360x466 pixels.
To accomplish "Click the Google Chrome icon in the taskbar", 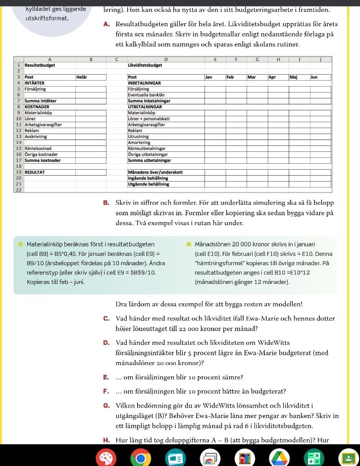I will coord(140,458).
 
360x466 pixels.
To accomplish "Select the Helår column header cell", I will coord(82,77).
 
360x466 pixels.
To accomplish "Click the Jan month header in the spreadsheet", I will coord(209,77).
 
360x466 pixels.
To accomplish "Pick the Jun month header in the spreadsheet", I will coord(314,77).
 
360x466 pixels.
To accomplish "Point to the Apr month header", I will coord(272,77).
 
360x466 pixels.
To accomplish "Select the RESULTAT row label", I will coord(35,172).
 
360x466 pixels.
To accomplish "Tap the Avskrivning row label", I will coord(36,136).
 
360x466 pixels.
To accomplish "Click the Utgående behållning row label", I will coord(148,184).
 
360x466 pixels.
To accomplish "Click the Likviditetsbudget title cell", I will coord(145,65).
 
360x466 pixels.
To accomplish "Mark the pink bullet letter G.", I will coord(107,406).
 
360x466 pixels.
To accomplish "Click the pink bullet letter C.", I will coord(107,319).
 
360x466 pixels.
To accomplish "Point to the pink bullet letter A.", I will coord(107,24).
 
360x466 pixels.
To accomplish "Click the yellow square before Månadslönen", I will coord(189,244).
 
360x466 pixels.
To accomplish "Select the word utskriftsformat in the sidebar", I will coord(47,18).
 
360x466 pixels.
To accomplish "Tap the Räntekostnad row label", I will coord(38,148).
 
